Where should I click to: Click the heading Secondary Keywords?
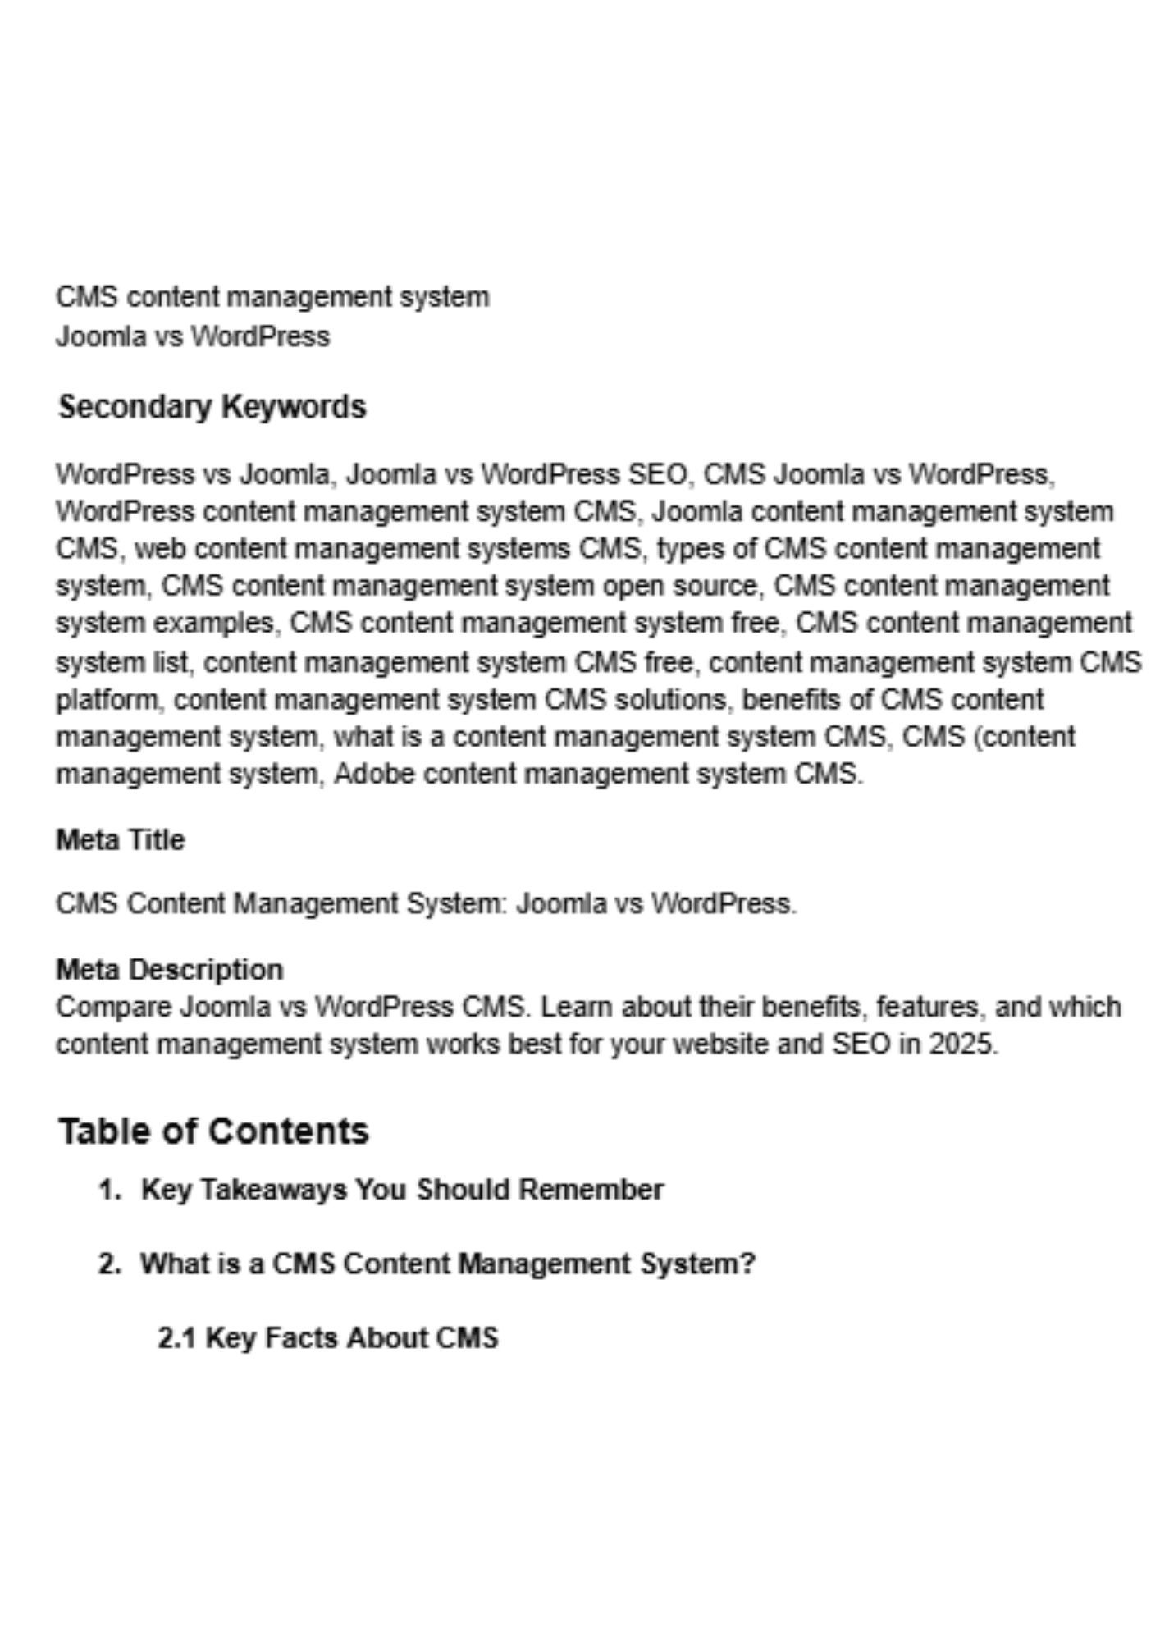[x=212, y=407]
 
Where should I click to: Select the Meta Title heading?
[x=120, y=840]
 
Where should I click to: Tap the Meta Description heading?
[x=169, y=970]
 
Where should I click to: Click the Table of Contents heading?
[x=213, y=1131]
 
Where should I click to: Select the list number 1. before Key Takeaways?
[x=109, y=1190]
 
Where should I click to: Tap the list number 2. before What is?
[x=109, y=1264]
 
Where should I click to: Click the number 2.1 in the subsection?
[x=176, y=1337]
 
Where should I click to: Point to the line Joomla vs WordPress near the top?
[x=193, y=336]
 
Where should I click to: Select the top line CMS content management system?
[x=272, y=296]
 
